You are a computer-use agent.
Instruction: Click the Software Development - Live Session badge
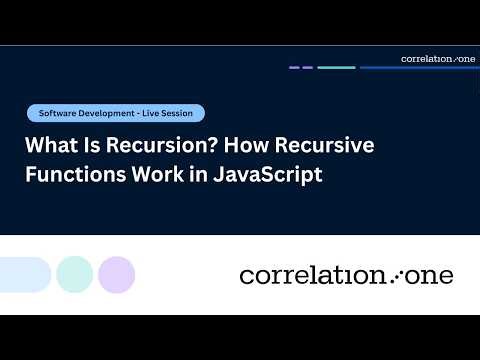(116, 113)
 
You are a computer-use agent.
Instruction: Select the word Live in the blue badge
(152, 113)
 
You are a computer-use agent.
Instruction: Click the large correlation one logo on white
(346, 274)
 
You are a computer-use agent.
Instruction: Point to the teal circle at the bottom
(75, 274)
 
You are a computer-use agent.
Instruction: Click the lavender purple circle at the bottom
(117, 274)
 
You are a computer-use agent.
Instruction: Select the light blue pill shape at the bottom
(24, 274)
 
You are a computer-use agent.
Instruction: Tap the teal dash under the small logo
(337, 68)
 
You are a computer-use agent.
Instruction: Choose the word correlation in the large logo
(312, 274)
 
